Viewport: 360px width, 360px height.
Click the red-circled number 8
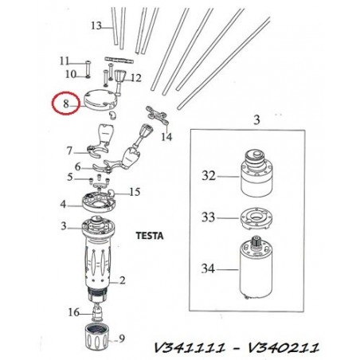coord(66,104)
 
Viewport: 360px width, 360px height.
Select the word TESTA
coord(150,236)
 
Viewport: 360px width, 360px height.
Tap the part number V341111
coord(190,347)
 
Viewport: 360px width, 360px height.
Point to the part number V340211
coord(284,347)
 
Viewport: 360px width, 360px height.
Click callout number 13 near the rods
coord(96,25)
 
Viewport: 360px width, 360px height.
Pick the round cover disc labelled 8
coord(100,100)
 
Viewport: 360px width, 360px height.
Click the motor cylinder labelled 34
coord(256,268)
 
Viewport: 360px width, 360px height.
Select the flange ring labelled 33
coord(256,218)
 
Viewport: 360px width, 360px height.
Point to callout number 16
coord(73,312)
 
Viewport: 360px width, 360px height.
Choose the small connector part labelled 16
coord(96,313)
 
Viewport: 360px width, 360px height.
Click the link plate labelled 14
coord(157,115)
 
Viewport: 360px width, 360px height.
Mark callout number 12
coord(135,78)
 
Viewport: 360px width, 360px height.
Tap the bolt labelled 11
coord(88,69)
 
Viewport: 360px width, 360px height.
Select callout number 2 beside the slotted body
coord(122,280)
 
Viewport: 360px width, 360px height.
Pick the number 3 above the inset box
coord(256,120)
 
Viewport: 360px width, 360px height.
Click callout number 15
coord(135,192)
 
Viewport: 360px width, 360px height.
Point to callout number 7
coord(69,151)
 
